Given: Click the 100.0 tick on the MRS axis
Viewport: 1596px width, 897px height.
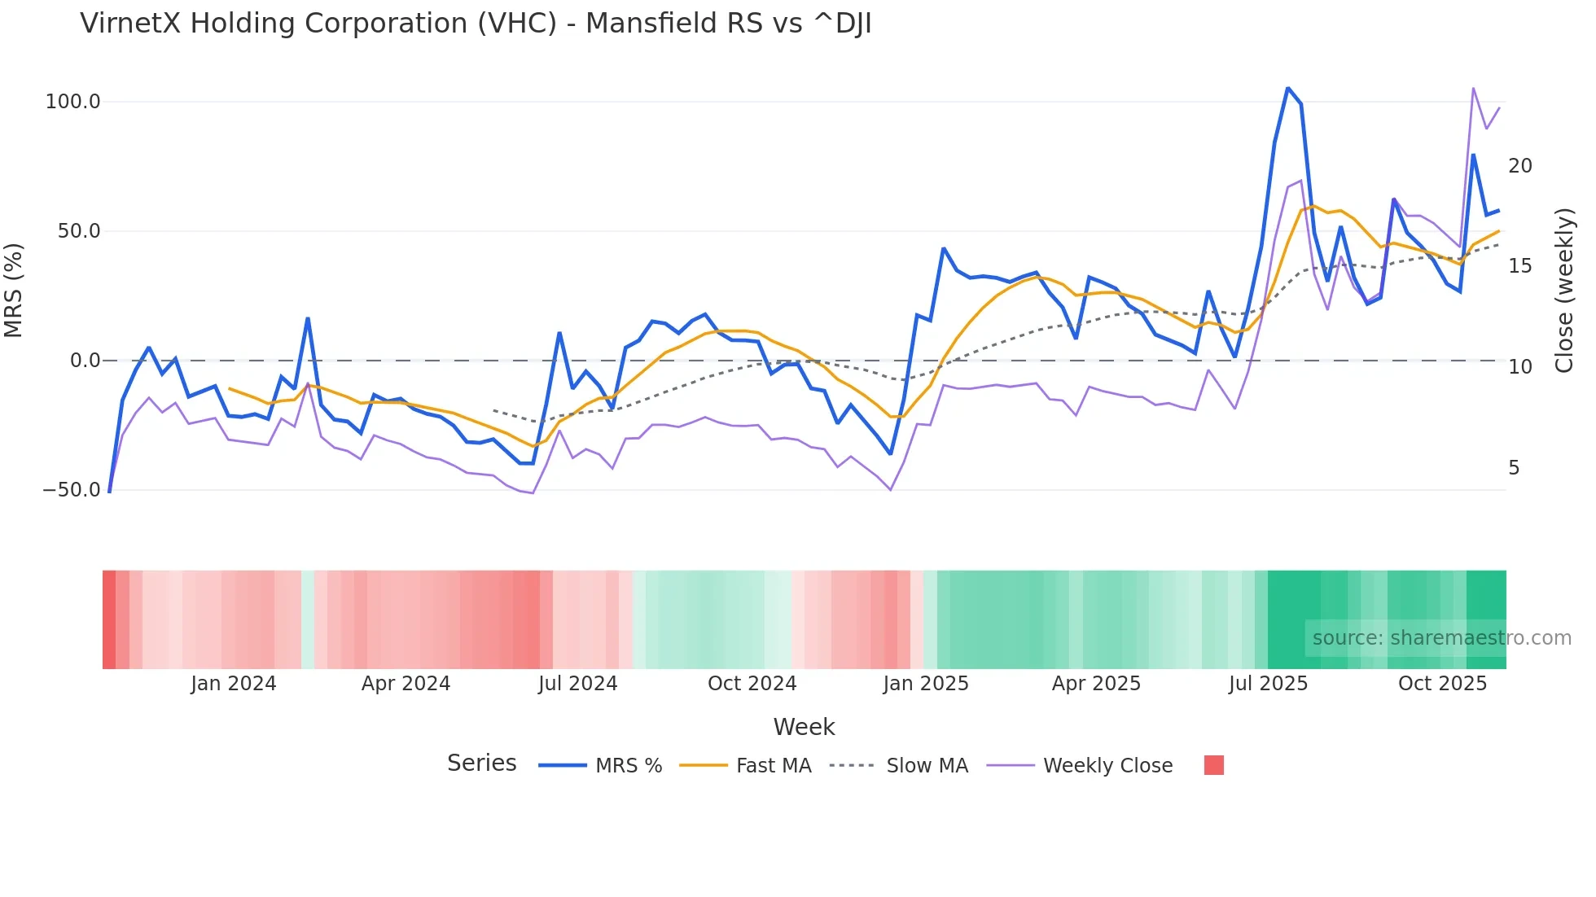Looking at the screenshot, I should point(72,102).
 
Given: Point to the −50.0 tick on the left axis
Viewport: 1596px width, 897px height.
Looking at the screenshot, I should point(72,490).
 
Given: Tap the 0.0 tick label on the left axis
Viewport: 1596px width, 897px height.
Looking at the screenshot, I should point(85,361).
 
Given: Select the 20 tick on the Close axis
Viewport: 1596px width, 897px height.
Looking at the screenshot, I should point(1519,166).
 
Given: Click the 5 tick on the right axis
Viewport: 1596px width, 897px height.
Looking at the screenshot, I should point(1514,468).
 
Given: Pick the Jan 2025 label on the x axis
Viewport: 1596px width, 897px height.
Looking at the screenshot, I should point(926,684).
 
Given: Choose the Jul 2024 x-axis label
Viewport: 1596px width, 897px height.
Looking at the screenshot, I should point(577,684).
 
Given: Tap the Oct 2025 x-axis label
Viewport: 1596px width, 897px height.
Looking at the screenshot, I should point(1442,684).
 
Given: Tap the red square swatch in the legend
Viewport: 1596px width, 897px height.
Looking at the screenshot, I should point(1213,765).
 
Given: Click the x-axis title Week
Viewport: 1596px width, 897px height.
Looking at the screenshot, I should point(804,727).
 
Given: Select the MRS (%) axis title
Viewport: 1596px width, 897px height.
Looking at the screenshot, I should point(14,290).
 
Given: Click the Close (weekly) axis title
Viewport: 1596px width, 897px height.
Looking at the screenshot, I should point(1563,291).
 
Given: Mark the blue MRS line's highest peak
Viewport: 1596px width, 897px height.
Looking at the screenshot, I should point(1287,87).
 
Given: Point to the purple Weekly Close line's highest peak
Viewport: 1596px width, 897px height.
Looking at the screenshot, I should point(1473,88).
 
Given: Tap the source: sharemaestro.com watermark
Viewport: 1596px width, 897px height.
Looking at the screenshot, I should point(1441,638).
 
